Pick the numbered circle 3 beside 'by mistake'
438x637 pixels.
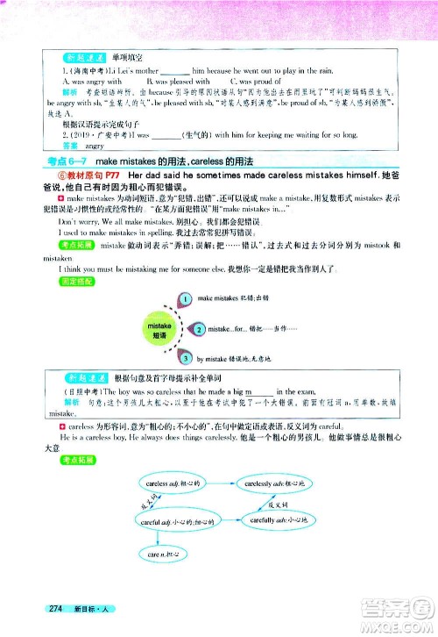pos(187,358)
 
